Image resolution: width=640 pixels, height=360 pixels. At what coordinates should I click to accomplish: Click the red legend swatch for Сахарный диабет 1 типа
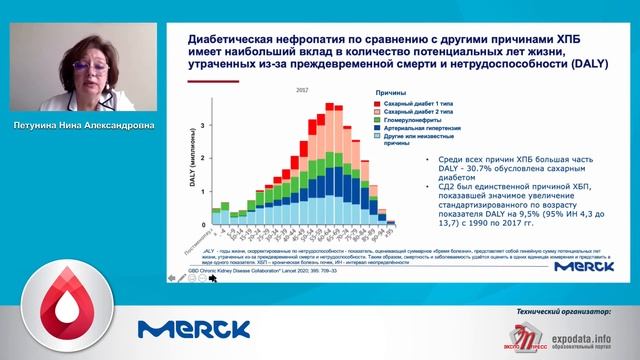click(377, 102)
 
